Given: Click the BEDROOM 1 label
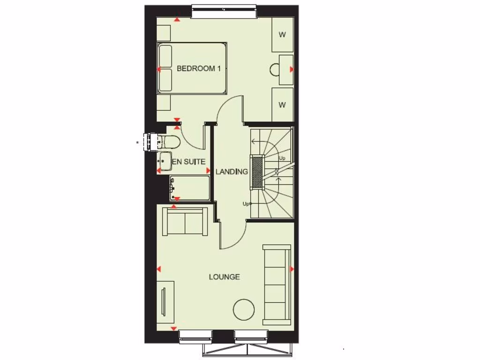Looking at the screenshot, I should coord(198,68).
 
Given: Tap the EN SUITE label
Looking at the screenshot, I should coord(189,162).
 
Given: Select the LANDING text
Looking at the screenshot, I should coord(232,172).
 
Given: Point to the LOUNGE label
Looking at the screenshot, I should coord(224,277).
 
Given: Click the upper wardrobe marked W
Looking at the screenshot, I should coord(282,34).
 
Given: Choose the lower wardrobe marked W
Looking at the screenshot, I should coord(282,105).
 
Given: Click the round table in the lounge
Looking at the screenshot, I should coord(244,309).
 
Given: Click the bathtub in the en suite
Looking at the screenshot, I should coord(189,188).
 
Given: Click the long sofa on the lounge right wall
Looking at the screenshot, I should coord(277,285).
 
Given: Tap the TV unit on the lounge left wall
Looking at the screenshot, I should coord(165,302).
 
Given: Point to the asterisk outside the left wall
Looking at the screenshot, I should coord(137,142).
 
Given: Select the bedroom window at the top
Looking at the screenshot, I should coord(225,12).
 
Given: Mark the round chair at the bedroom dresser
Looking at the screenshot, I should coord(275,69).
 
